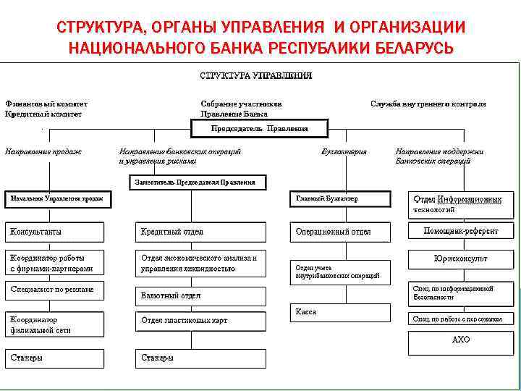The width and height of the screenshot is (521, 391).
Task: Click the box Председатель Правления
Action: [x=259, y=129]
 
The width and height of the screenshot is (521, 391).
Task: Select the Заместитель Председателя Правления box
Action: [x=198, y=182]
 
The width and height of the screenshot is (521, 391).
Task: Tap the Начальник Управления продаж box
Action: [x=58, y=198]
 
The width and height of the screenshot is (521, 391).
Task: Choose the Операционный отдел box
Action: [x=339, y=232]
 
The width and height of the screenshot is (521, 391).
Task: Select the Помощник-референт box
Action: [x=461, y=232]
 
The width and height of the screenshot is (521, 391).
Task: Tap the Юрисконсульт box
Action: [x=461, y=258]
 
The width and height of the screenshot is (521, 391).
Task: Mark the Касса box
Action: [x=339, y=313]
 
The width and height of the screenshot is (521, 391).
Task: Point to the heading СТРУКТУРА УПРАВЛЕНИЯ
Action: [x=256, y=75]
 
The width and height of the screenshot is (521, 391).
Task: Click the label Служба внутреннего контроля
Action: [x=428, y=104]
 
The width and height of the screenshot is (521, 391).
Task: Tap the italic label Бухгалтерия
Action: [x=344, y=152]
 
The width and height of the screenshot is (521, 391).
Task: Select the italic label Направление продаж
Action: [x=43, y=152]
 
